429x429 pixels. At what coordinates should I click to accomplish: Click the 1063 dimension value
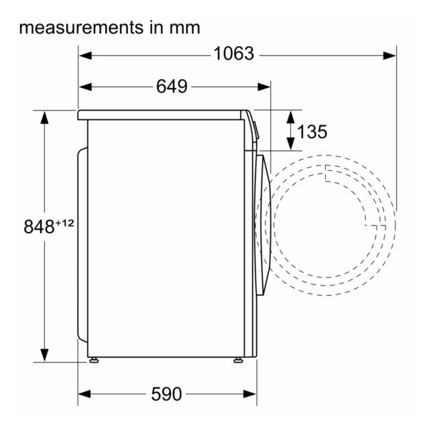[234, 54]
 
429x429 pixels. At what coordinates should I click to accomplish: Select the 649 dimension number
[172, 86]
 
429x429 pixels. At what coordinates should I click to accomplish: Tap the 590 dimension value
[166, 394]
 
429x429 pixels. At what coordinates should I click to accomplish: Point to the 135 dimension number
[312, 131]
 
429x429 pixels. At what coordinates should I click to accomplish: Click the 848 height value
[39, 227]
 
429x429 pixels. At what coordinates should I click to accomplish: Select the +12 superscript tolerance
[65, 223]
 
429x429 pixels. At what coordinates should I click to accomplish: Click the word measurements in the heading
[81, 28]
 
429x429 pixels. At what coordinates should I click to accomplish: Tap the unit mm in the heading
[185, 28]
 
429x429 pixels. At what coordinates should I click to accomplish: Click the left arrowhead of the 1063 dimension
[85, 56]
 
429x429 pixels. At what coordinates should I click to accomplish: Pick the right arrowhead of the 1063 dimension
[389, 56]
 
